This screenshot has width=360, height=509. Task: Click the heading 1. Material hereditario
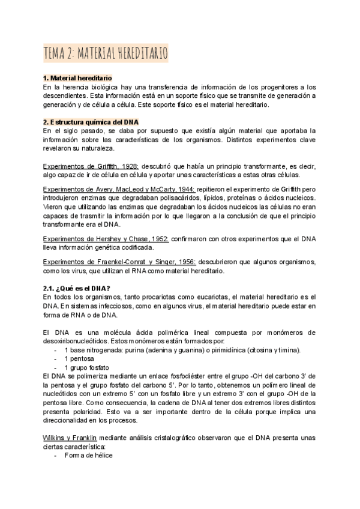pyautogui.click(x=77, y=79)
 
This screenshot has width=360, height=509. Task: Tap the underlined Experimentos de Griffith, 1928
pyautogui.click(x=91, y=166)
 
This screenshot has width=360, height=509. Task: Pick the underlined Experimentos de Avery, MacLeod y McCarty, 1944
pyautogui.click(x=119, y=188)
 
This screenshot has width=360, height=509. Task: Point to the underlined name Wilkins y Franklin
pyautogui.click(x=73, y=438)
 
